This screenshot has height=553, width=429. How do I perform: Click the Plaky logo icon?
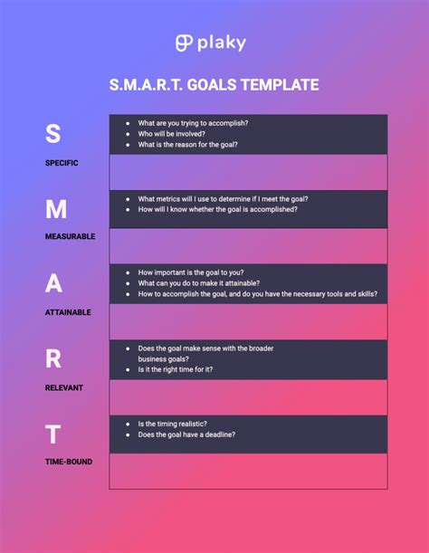click(x=185, y=43)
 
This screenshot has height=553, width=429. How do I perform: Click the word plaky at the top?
click(x=224, y=43)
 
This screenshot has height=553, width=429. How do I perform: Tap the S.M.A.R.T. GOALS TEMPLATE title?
click(x=214, y=85)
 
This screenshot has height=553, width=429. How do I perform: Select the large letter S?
click(x=53, y=133)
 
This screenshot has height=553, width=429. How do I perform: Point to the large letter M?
click(x=55, y=209)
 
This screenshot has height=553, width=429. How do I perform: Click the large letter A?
click(x=54, y=283)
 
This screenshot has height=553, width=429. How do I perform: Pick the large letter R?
click(x=54, y=359)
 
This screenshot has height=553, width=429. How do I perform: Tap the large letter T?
click(x=54, y=434)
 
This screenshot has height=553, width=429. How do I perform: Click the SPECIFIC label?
click(x=62, y=163)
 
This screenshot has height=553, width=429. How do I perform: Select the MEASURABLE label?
click(x=69, y=236)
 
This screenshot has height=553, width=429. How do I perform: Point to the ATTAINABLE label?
click(x=68, y=311)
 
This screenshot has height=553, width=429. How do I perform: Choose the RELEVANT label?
click(x=63, y=387)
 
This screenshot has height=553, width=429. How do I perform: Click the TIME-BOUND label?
click(x=68, y=462)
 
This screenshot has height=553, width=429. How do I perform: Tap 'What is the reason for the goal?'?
click(x=188, y=145)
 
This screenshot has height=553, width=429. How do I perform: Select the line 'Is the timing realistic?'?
click(x=173, y=424)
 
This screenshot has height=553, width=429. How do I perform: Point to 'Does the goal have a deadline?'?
click(x=186, y=435)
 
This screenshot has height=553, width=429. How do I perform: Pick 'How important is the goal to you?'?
click(x=191, y=272)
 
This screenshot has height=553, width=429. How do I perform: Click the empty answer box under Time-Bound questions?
click(x=248, y=471)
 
